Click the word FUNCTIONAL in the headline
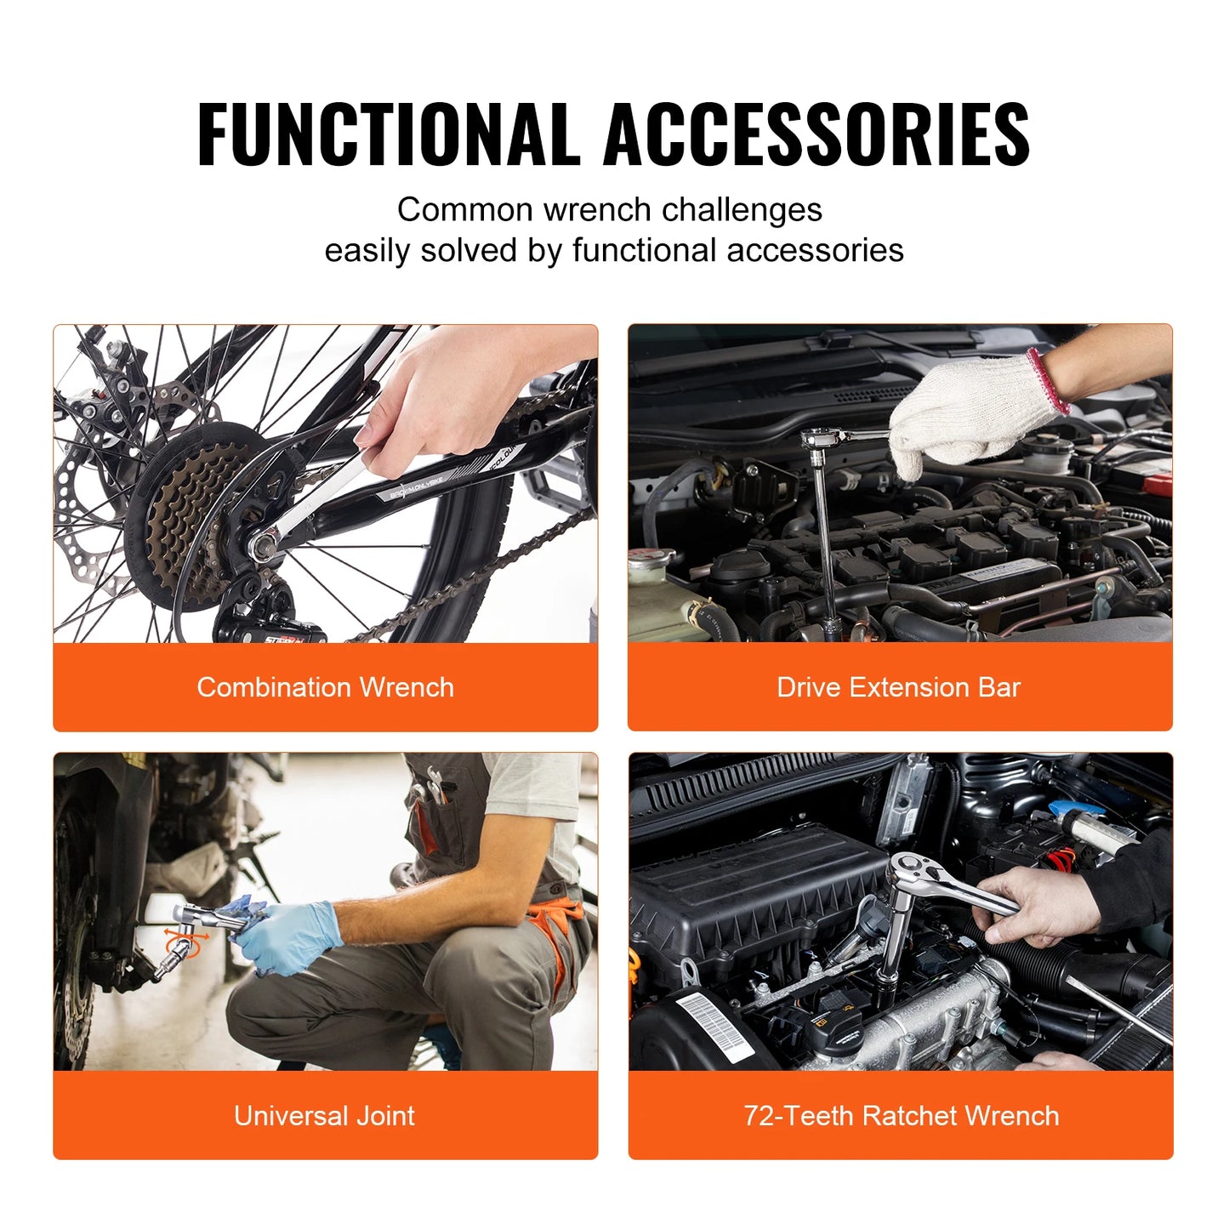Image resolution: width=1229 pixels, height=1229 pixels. tap(387, 134)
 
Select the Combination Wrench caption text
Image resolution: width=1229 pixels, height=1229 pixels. tap(325, 687)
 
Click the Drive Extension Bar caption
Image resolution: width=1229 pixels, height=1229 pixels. tap(898, 687)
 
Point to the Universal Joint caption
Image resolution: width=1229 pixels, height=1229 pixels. tap(324, 1116)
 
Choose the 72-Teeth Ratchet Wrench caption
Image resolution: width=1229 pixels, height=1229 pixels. tap(901, 1116)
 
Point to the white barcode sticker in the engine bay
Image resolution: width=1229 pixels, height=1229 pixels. tap(714, 1024)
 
